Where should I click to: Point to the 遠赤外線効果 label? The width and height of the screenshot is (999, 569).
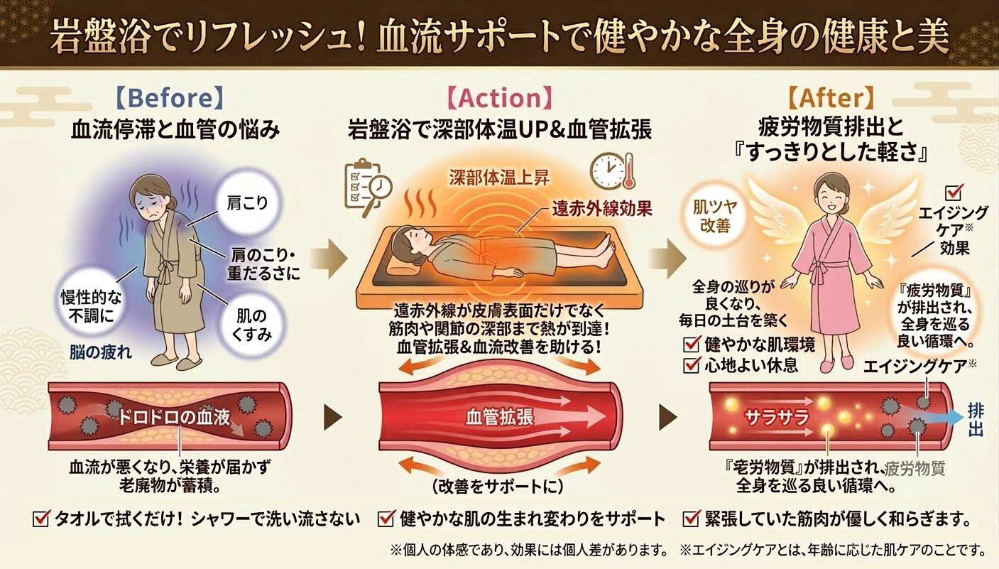coord(601,210)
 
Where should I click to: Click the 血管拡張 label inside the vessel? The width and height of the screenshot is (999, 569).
coord(500,416)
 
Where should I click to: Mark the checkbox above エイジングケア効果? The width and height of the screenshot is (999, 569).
coord(955,193)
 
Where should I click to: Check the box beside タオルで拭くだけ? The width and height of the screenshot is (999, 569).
coord(41,519)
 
